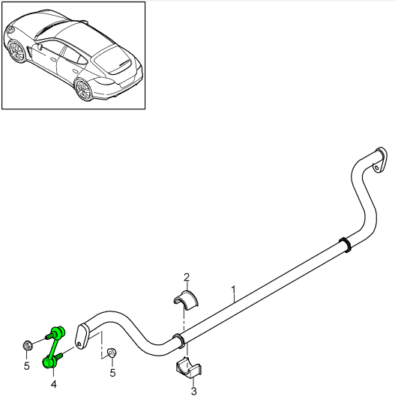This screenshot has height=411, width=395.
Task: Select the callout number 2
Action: [x=187, y=276]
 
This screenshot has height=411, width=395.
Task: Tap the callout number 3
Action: [x=193, y=390]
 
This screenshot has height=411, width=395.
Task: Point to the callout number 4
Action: [x=54, y=384]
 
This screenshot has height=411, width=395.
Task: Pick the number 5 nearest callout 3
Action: [x=112, y=372]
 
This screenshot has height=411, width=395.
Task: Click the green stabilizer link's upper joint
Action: [x=58, y=332]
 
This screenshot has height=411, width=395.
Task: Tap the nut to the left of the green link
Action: [x=26, y=345]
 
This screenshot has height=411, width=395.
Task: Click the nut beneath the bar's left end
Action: [x=112, y=353]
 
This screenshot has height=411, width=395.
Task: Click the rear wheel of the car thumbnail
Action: [x=84, y=91]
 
